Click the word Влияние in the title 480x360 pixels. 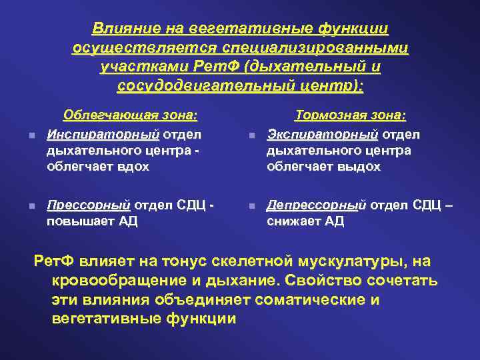(120, 29)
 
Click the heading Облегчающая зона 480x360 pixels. (130, 115)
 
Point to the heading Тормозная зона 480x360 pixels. (350, 115)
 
